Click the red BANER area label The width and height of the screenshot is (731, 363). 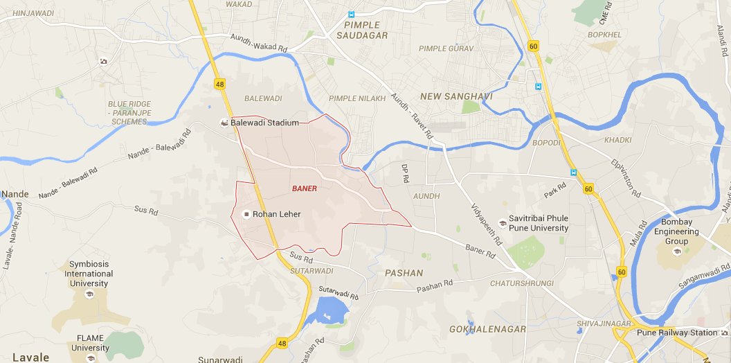(305, 188)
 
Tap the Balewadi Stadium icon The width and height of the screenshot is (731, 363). (224, 123)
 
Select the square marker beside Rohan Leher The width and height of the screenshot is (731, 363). (245, 214)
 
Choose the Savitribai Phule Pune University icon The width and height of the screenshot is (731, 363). (502, 222)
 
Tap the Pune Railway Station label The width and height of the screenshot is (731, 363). (678, 333)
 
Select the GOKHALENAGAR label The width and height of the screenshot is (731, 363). (487, 329)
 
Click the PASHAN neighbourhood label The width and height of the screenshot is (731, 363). (404, 273)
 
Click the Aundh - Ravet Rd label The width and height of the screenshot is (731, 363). (410, 116)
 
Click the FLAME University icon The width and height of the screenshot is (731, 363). (90, 358)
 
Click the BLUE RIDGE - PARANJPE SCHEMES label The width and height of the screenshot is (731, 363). (129, 113)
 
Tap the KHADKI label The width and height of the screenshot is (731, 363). (617, 140)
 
